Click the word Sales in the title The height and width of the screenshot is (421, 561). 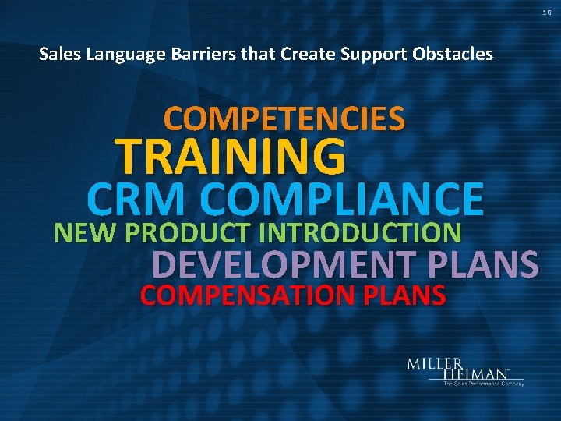coord(55,54)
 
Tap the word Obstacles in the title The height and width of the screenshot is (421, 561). coord(457,54)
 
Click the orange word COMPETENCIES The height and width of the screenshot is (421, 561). coord(284,119)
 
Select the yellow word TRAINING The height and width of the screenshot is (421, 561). coord(230,156)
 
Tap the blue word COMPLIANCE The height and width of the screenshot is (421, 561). coord(346,199)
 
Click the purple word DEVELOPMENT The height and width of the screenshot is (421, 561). coord(285,265)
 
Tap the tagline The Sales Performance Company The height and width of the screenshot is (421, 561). coord(483,384)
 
